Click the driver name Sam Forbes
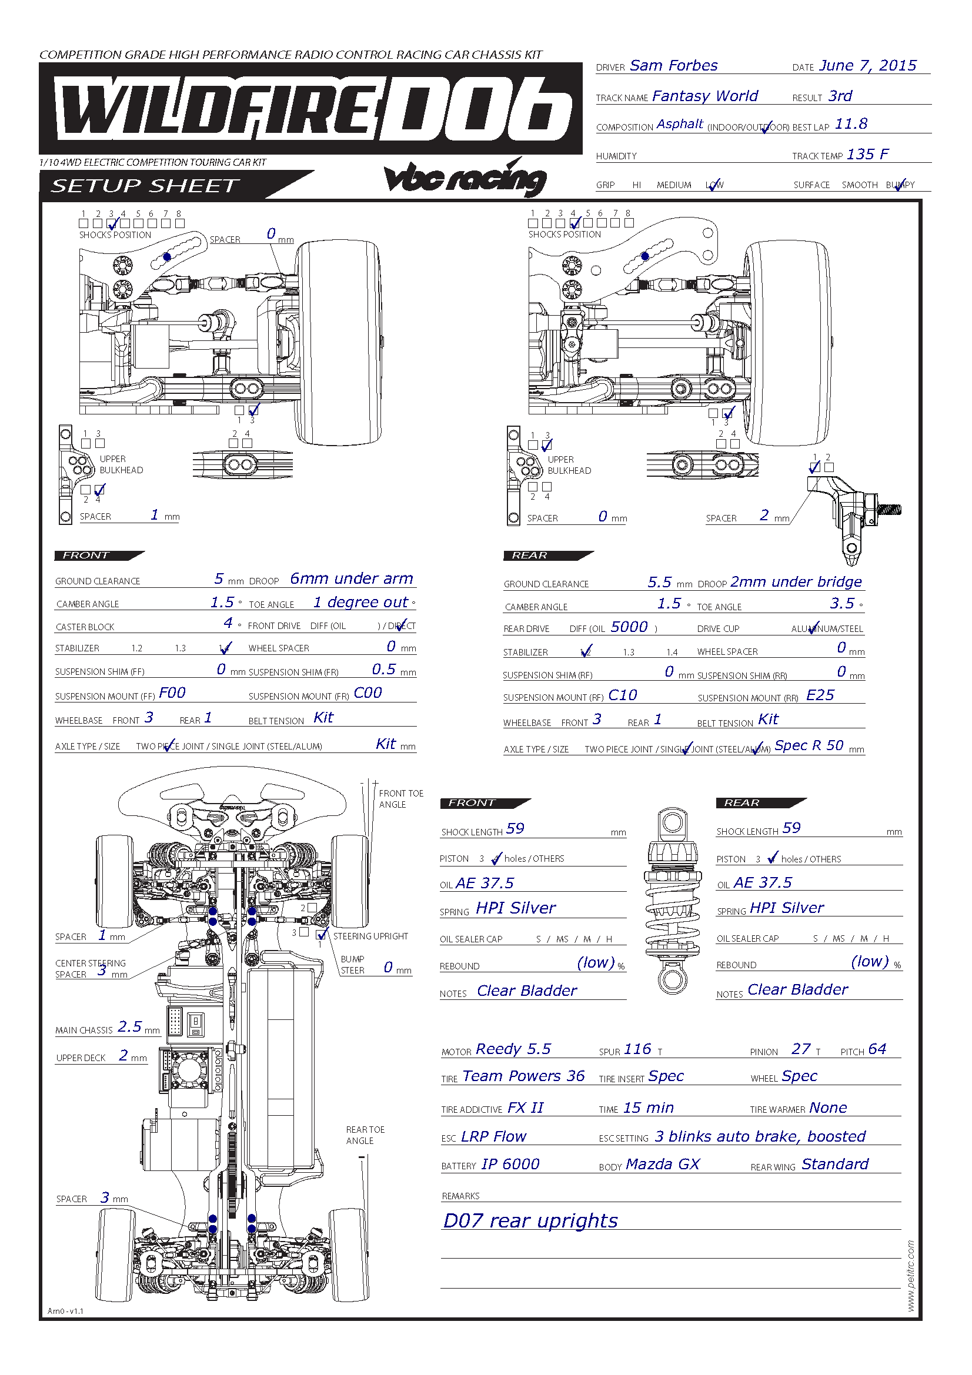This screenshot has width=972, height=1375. pos(673,66)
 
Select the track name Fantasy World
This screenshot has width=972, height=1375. pos(704,96)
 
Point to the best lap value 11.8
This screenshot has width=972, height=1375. pos(850,124)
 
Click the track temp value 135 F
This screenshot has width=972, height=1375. pos(867,155)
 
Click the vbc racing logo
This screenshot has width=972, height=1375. pos(465,178)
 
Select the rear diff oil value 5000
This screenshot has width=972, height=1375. pos(629,627)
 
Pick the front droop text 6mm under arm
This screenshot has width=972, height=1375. pos(352,578)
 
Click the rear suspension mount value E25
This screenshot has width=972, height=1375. pos(820,695)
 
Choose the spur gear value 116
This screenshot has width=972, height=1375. pos(637,1049)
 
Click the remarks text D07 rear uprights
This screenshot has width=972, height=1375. pos(530,1221)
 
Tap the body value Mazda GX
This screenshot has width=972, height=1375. pos(662,1164)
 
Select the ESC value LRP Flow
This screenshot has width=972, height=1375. pos(493,1137)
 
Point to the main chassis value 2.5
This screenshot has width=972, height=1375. pos(129,1027)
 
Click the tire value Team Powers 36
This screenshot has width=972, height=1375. pos(523,1076)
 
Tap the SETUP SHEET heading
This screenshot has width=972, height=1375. pos(145,186)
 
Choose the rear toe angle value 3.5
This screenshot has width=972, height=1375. pos(841,604)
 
